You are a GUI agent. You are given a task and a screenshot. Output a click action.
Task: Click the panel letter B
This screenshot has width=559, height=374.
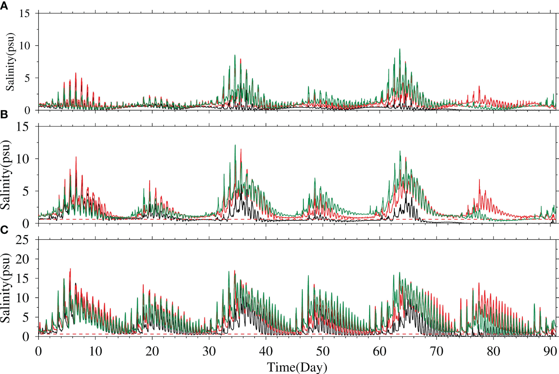click(4, 115)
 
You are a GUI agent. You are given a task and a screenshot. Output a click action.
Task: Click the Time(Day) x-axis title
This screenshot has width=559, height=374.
click(297, 367)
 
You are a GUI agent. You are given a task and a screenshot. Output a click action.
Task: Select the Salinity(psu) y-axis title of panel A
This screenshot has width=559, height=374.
click(10, 62)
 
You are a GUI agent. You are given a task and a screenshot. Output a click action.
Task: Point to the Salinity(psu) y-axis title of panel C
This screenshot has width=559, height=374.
click(6, 288)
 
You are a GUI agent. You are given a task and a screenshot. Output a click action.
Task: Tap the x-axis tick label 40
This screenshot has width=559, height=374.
click(266, 351)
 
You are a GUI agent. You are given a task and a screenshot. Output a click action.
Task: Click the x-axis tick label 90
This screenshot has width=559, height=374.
click(550, 351)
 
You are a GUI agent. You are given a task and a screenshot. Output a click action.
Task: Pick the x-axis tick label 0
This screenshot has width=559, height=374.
click(38, 351)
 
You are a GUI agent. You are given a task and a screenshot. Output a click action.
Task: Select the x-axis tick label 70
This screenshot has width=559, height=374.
click(436, 351)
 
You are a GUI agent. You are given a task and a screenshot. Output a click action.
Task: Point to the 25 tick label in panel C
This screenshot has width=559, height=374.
click(22, 240)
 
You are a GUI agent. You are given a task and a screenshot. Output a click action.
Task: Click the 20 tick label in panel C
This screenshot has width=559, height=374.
click(22, 259)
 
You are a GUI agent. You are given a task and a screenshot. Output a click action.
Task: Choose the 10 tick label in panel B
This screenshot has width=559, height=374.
click(22, 159)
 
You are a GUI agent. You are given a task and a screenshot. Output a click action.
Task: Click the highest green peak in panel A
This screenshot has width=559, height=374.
click(400, 49)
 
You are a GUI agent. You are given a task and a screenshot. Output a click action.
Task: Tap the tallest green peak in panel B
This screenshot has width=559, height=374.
click(235, 145)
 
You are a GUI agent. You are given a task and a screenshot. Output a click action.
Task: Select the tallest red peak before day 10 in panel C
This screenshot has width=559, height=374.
click(70, 269)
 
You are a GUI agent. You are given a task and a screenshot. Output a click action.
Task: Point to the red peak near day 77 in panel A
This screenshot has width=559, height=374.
click(479, 86)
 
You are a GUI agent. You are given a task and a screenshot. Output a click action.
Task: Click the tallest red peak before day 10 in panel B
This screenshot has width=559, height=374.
click(76, 157)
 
